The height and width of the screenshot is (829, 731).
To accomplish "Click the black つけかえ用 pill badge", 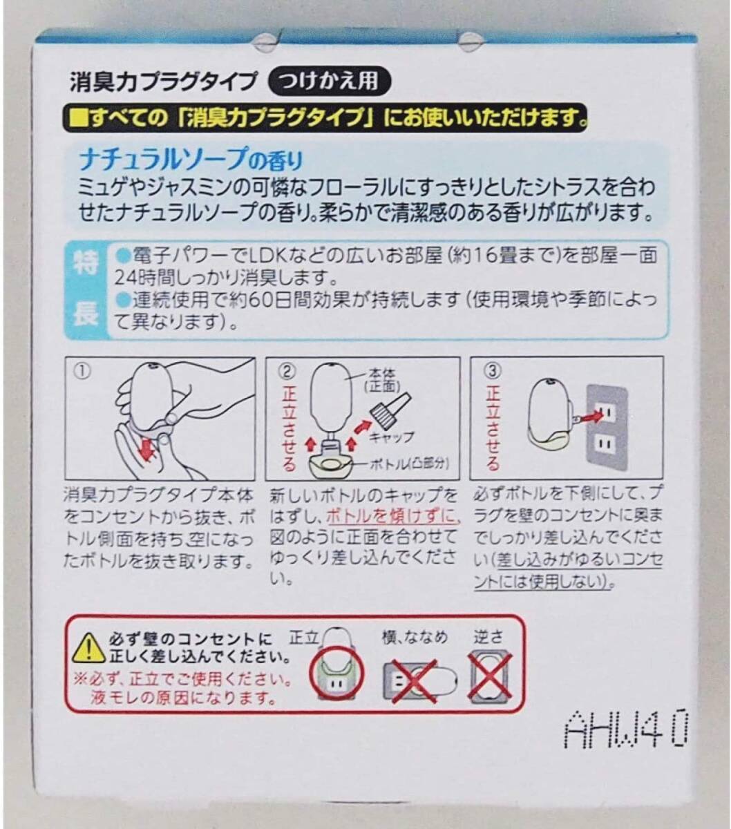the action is [329, 81].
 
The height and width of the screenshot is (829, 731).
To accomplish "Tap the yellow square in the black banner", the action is [79, 118].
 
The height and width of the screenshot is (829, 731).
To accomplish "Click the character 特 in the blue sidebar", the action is [85, 263].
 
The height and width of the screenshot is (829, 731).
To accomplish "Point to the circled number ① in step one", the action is [83, 372].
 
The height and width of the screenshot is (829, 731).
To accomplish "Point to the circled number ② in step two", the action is [287, 372].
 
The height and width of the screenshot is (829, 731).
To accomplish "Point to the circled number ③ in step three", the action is [493, 372].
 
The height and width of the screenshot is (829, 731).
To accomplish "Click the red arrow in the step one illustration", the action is [146, 448].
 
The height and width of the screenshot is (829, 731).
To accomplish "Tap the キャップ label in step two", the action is [391, 437].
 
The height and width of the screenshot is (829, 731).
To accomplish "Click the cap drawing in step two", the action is [390, 407].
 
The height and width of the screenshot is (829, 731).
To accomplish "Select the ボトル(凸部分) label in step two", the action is [409, 464].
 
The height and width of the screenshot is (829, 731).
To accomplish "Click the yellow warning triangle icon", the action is [88, 649].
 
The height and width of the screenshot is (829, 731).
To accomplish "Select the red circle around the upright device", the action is [336, 675].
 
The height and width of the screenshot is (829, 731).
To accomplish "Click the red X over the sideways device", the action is [415, 681].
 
